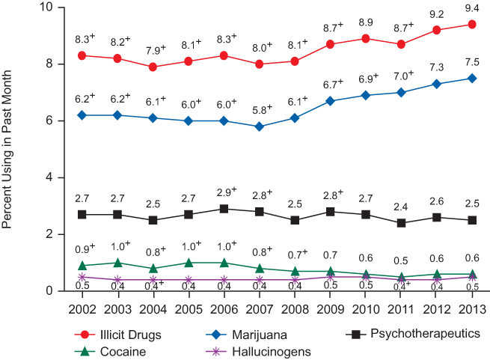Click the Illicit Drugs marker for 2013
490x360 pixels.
click(472, 24)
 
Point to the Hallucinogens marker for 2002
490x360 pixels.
click(82, 277)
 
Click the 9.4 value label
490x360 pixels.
click(472, 7)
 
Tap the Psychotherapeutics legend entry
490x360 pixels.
click(412, 334)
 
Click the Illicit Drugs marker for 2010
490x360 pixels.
click(365, 38)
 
